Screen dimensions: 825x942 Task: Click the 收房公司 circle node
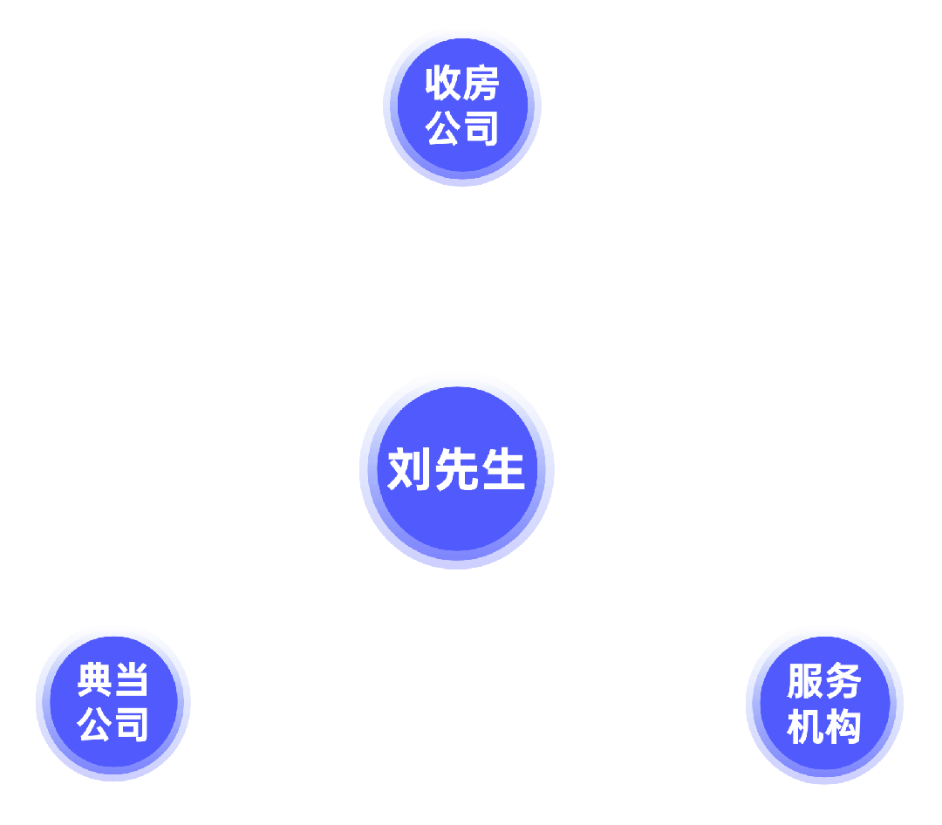point(462,106)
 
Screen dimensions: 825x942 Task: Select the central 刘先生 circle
point(457,471)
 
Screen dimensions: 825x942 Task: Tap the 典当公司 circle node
point(113,702)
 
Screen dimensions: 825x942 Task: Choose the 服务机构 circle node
point(824,704)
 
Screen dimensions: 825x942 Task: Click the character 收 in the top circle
point(443,84)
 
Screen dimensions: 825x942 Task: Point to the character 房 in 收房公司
point(481,84)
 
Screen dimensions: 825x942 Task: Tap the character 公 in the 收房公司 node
point(443,127)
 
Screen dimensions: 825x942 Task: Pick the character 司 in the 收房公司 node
point(481,127)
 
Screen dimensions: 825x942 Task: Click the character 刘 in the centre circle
point(410,470)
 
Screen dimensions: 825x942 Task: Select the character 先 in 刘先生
point(456,470)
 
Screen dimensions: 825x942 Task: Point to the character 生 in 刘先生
point(502,470)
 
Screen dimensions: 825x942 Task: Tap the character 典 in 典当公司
point(95,680)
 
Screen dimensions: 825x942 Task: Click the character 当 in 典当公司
point(132,680)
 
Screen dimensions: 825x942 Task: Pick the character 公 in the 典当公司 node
point(95,724)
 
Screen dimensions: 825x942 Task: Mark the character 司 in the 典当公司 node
point(132,724)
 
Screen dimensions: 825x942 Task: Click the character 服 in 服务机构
point(805,682)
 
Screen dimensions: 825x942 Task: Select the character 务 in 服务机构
point(843,682)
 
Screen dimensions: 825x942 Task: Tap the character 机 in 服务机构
point(805,726)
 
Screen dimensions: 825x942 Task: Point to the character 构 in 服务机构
point(843,726)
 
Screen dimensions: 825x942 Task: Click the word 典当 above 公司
point(113,680)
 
